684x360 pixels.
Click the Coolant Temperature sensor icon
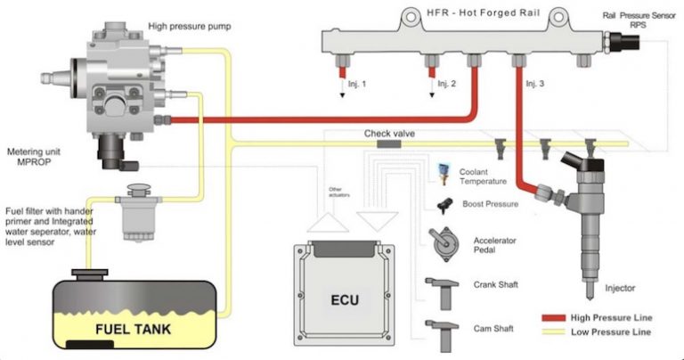pyautogui.click(x=443, y=171)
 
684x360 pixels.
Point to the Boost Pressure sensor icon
pyautogui.click(x=443, y=203)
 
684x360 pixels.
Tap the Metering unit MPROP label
pyautogui.click(x=31, y=155)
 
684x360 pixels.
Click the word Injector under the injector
pyautogui.click(x=622, y=288)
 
